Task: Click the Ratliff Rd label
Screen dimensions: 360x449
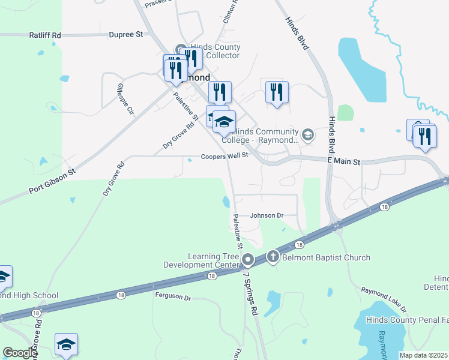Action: tap(45, 35)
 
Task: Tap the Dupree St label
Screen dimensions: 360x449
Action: tap(125, 35)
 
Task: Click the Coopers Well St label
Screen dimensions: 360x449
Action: tap(224, 156)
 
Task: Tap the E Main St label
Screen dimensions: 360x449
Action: tap(344, 162)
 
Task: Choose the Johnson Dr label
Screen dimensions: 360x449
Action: tap(266, 215)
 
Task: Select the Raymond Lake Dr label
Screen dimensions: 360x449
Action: tap(384, 299)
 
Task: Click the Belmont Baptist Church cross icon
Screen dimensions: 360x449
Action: tap(273, 257)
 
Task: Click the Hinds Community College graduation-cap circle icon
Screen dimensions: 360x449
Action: tap(308, 134)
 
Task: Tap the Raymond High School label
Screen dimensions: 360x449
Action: tap(29, 295)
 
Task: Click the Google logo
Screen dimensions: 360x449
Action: tap(20, 353)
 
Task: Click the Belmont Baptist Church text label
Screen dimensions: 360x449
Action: tap(327, 258)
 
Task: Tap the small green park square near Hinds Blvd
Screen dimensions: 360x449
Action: tap(345, 113)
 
